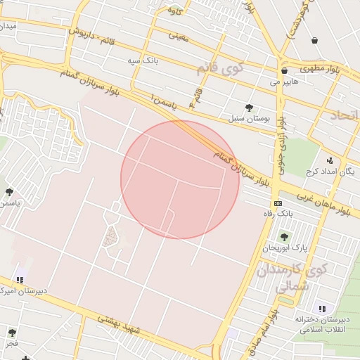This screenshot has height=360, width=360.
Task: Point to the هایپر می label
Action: pyautogui.click(x=285, y=82)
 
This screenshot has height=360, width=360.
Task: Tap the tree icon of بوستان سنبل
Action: pyautogui.click(x=249, y=108)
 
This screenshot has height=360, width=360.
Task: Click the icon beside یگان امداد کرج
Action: pyautogui.click(x=330, y=160)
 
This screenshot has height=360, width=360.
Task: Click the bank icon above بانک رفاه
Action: pyautogui.click(x=278, y=203)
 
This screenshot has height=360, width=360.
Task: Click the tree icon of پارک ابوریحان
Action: pyautogui.click(x=284, y=237)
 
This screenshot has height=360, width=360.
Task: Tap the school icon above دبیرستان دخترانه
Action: pyautogui.click(x=322, y=309)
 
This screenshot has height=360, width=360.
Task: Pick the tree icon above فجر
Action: pyautogui.click(x=12, y=333)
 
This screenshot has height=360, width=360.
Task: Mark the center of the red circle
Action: pyautogui.click(x=180, y=179)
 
